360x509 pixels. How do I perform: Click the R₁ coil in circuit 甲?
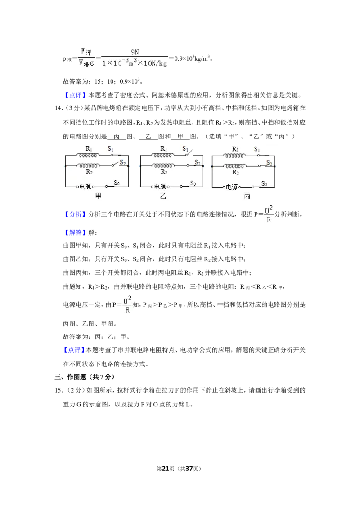pyautogui.click(x=88, y=156)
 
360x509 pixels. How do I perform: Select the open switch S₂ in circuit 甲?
pyautogui.click(x=115, y=165)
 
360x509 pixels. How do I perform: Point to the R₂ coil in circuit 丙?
pyautogui.click(x=234, y=166)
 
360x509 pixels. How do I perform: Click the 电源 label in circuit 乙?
pyautogui.click(x=160, y=187)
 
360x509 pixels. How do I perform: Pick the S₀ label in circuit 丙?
pyautogui.click(x=265, y=184)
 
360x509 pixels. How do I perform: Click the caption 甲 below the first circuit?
pyautogui.click(x=98, y=196)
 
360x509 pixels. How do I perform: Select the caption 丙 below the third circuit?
pyautogui.click(x=247, y=196)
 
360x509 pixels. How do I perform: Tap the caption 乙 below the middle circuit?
pyautogui.click(x=163, y=196)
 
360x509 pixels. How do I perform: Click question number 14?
pyautogui.click(x=58, y=108)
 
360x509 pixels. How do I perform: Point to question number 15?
pyautogui.click(x=58, y=390)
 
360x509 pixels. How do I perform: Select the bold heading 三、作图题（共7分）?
pyautogui.click(x=85, y=376)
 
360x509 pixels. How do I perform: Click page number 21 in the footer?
pyautogui.click(x=166, y=469)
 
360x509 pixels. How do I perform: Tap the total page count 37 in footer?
pyautogui.click(x=189, y=469)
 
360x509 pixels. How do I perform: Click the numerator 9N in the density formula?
pyautogui.click(x=135, y=52)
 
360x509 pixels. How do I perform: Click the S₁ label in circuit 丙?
pyautogui.click(x=257, y=149)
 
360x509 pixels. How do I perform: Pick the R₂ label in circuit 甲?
pyautogui.click(x=89, y=172)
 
